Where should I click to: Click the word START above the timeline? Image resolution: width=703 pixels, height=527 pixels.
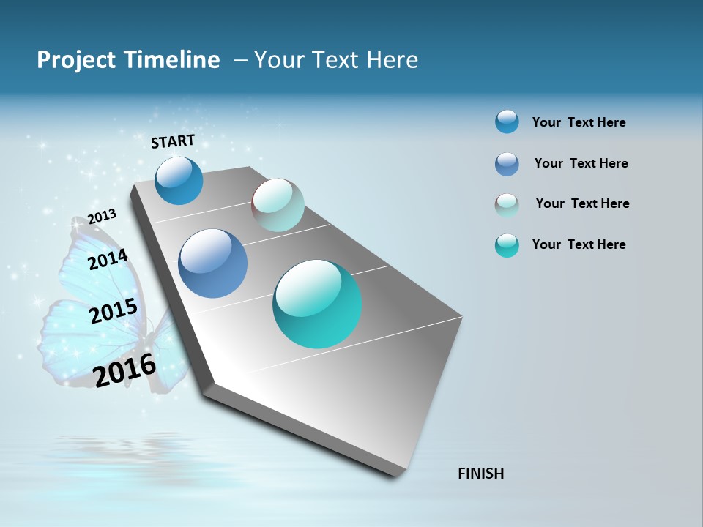point(173,141)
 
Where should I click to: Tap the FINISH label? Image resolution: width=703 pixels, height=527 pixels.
point(480,474)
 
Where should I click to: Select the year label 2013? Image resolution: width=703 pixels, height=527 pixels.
point(102,217)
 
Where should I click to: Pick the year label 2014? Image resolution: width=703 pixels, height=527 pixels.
point(108,259)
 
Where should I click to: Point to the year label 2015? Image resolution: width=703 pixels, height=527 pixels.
point(114,311)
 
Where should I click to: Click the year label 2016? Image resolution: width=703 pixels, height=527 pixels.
point(125,370)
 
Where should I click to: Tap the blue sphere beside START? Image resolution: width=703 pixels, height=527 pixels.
point(179,180)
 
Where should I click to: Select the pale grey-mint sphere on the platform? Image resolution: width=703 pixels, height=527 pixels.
point(278,205)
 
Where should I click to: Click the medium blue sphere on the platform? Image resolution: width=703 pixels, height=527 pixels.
point(212,263)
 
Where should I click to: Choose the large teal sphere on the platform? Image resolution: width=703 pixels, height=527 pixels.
point(317,304)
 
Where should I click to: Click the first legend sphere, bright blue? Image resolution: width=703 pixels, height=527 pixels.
point(507,122)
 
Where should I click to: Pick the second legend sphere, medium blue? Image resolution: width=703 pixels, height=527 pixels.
point(507,164)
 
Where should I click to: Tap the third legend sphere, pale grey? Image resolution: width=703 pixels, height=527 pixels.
point(507,205)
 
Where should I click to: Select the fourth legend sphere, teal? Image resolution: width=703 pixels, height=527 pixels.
point(507,245)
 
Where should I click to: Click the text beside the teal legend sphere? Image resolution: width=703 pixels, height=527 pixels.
point(579,244)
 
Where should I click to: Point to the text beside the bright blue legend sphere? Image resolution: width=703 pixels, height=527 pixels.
point(579,122)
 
